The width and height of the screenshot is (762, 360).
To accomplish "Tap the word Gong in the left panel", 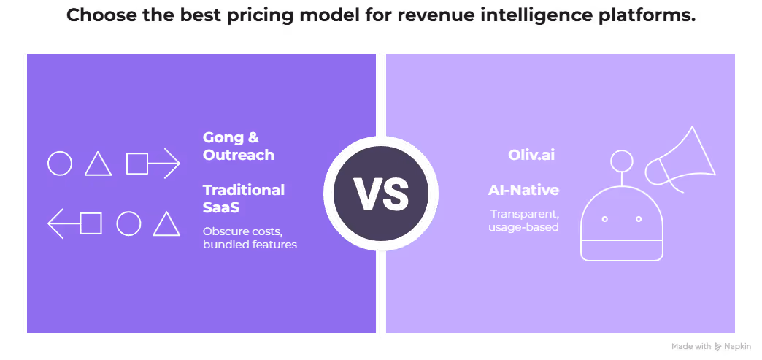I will coord(220,138).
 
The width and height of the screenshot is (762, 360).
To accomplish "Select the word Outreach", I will coord(239,155).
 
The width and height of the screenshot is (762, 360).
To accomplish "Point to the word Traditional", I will coord(244,190).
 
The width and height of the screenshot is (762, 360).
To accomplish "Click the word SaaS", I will coord(220,207).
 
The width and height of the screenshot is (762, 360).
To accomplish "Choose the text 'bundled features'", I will coord(250,245).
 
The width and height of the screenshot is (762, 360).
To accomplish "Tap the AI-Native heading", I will coord(524,191).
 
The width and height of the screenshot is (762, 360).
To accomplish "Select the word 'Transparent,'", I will coord(524,214).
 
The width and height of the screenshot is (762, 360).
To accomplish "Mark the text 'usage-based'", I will coord(523,227).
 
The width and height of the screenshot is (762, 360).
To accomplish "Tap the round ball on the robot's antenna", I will coord(622,160).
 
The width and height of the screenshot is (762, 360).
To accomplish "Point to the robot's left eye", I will coord(604,219).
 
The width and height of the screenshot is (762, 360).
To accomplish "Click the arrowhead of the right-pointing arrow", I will coord(172,163).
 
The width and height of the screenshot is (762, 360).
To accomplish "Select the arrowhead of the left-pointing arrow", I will coord(55,223).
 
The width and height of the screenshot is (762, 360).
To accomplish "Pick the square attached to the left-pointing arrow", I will coord(91,223).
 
